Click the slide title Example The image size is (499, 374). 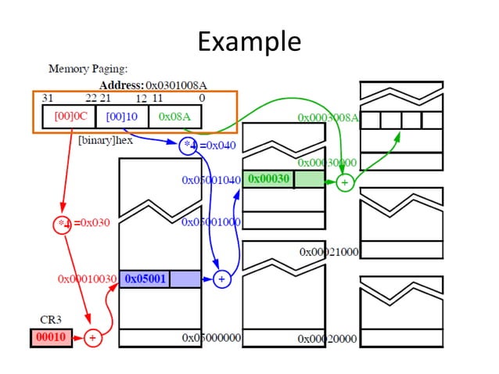pyautogui.click(x=249, y=41)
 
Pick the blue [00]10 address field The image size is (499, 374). pyautogui.click(x=121, y=116)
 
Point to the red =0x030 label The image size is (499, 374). pyautogui.click(x=92, y=223)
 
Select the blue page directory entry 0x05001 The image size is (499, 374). pyautogui.click(x=145, y=279)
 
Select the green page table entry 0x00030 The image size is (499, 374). pyautogui.click(x=269, y=179)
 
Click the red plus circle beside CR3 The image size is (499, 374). pyautogui.click(x=92, y=338)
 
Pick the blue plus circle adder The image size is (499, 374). pyautogui.click(x=221, y=279)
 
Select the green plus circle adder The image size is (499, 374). pyautogui.click(x=344, y=182)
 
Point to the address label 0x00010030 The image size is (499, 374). pyautogui.click(x=87, y=279)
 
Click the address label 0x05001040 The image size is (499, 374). pyautogui.click(x=210, y=180)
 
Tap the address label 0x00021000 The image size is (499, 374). pyautogui.click(x=328, y=252)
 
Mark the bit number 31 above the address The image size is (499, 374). pyautogui.click(x=48, y=98)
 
